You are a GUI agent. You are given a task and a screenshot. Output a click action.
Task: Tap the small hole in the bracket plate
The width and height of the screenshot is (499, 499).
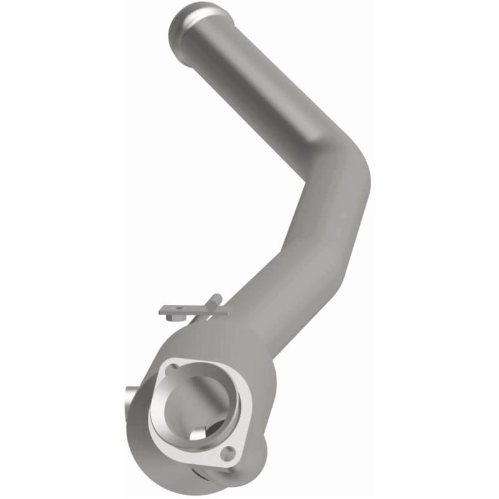(x=177, y=308)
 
